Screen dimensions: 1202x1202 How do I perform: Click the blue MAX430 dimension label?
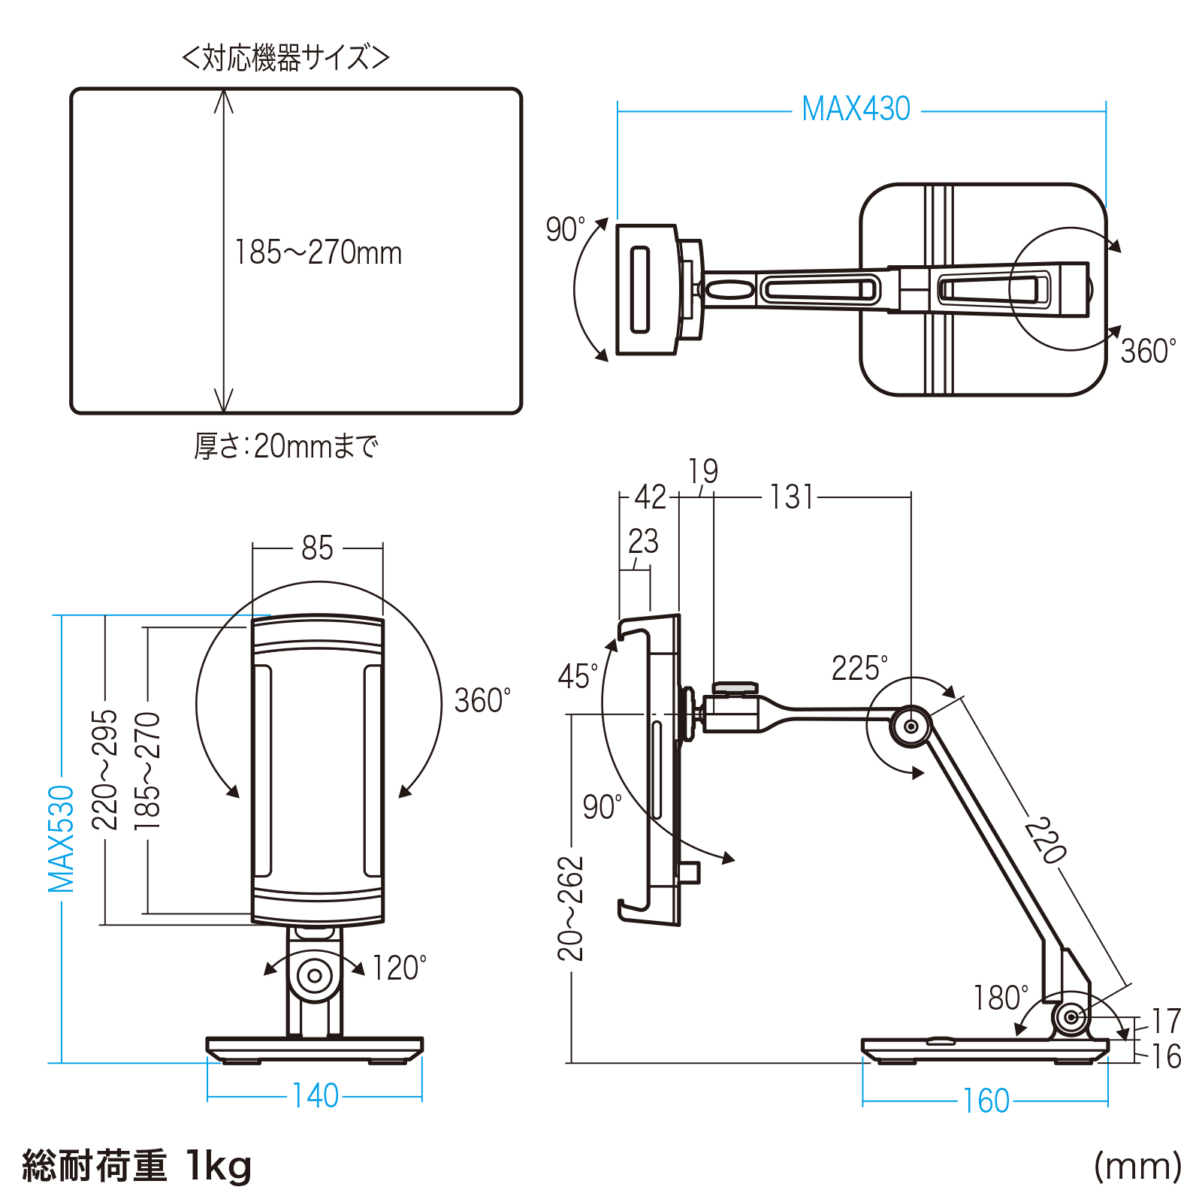pos(856,109)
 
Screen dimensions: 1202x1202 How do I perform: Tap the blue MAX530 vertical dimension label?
pos(62,838)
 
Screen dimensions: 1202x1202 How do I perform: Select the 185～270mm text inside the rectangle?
pos(318,252)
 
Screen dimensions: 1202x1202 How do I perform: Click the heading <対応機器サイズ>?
pos(285,58)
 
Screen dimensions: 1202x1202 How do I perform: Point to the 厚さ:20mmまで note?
pos(285,446)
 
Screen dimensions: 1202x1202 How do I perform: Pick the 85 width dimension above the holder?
pos(317,548)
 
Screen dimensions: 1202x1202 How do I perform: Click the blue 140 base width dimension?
pos(316,1096)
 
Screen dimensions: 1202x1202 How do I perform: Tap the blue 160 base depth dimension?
pos(986,1101)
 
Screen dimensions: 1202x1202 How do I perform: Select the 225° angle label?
pos(859,668)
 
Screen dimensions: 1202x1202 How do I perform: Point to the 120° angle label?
pos(399,968)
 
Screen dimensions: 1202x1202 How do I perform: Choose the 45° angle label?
pos(578,676)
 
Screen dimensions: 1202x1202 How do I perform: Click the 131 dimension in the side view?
pos(792,497)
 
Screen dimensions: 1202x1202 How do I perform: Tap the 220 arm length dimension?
pos(1045,841)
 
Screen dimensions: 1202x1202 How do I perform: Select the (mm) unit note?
pos(1137,1167)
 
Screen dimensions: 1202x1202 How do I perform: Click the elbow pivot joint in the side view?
pos(911,726)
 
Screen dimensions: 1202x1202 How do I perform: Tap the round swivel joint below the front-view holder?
pos(315,976)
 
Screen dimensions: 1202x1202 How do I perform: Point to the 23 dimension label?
pos(643,542)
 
